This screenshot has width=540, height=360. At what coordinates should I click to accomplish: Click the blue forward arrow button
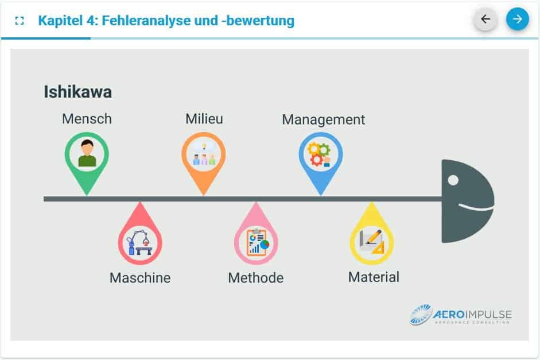coord(517,19)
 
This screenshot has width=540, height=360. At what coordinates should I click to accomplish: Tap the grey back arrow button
coord(485,19)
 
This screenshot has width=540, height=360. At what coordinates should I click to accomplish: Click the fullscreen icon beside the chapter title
coord(20,21)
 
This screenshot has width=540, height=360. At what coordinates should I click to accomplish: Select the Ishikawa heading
coord(78,92)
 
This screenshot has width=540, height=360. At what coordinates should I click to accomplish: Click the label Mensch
coord(87,119)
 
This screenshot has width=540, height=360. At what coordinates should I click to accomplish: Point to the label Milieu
coord(204,119)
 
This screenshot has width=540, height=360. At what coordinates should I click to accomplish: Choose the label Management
coord(324,119)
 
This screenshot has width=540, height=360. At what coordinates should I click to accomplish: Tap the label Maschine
coord(140,278)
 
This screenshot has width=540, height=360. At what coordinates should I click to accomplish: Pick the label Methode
coord(256,278)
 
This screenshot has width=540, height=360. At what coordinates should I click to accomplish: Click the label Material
coord(374,277)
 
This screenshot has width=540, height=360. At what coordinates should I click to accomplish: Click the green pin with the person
coord(87,160)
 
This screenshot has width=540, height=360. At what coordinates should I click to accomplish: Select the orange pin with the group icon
coord(204,160)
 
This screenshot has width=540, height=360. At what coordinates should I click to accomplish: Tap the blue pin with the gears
coord(321,160)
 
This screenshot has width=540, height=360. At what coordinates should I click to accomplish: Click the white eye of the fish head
coord(453,180)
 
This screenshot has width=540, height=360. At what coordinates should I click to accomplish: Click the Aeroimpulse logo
coord(460,314)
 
